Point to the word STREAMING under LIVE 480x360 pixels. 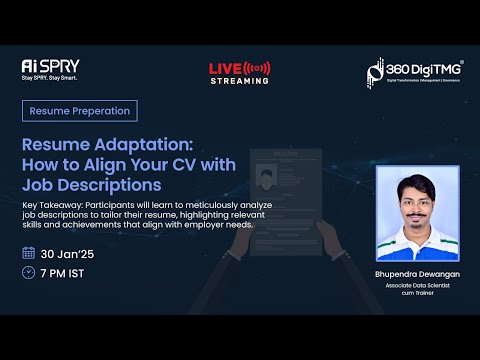coord(239,80)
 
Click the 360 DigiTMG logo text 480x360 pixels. coord(420,68)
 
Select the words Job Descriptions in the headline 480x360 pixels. coord(95,184)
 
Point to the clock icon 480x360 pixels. coord(28,272)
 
